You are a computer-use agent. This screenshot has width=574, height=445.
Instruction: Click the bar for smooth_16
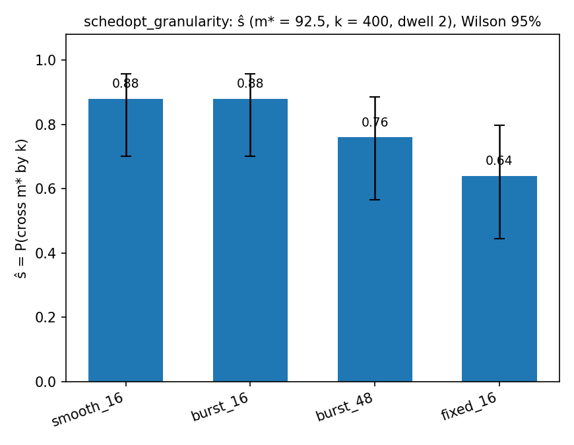(x=125, y=240)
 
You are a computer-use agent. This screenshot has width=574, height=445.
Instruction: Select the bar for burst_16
(x=251, y=240)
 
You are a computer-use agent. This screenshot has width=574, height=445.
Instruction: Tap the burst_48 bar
(x=375, y=260)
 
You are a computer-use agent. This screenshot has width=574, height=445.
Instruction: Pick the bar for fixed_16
(x=499, y=279)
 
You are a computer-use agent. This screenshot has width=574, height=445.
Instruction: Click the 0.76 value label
(x=375, y=123)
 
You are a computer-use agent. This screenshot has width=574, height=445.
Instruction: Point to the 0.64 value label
(x=499, y=161)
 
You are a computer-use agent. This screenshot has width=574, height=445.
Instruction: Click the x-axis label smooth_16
(x=88, y=409)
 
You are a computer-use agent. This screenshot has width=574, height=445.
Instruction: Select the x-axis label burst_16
(x=220, y=407)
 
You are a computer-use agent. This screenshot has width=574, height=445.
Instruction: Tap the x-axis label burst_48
(x=344, y=407)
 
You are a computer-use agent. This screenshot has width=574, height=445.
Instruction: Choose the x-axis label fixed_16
(x=469, y=407)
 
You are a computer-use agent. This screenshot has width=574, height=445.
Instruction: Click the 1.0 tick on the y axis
(x=46, y=61)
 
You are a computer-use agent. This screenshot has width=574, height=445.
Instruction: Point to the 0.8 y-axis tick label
(x=46, y=125)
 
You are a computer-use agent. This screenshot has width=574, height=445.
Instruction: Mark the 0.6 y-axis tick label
(x=46, y=189)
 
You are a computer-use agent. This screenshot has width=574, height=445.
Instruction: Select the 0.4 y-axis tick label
(x=46, y=253)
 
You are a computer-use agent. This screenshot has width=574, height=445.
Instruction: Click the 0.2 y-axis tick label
(x=46, y=317)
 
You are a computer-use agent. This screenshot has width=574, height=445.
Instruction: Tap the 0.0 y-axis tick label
(x=46, y=382)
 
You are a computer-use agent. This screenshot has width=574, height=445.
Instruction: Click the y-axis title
(x=21, y=208)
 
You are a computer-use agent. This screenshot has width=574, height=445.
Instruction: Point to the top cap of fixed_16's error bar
(x=499, y=125)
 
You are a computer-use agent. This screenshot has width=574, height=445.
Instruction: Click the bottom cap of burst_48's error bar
(x=375, y=200)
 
